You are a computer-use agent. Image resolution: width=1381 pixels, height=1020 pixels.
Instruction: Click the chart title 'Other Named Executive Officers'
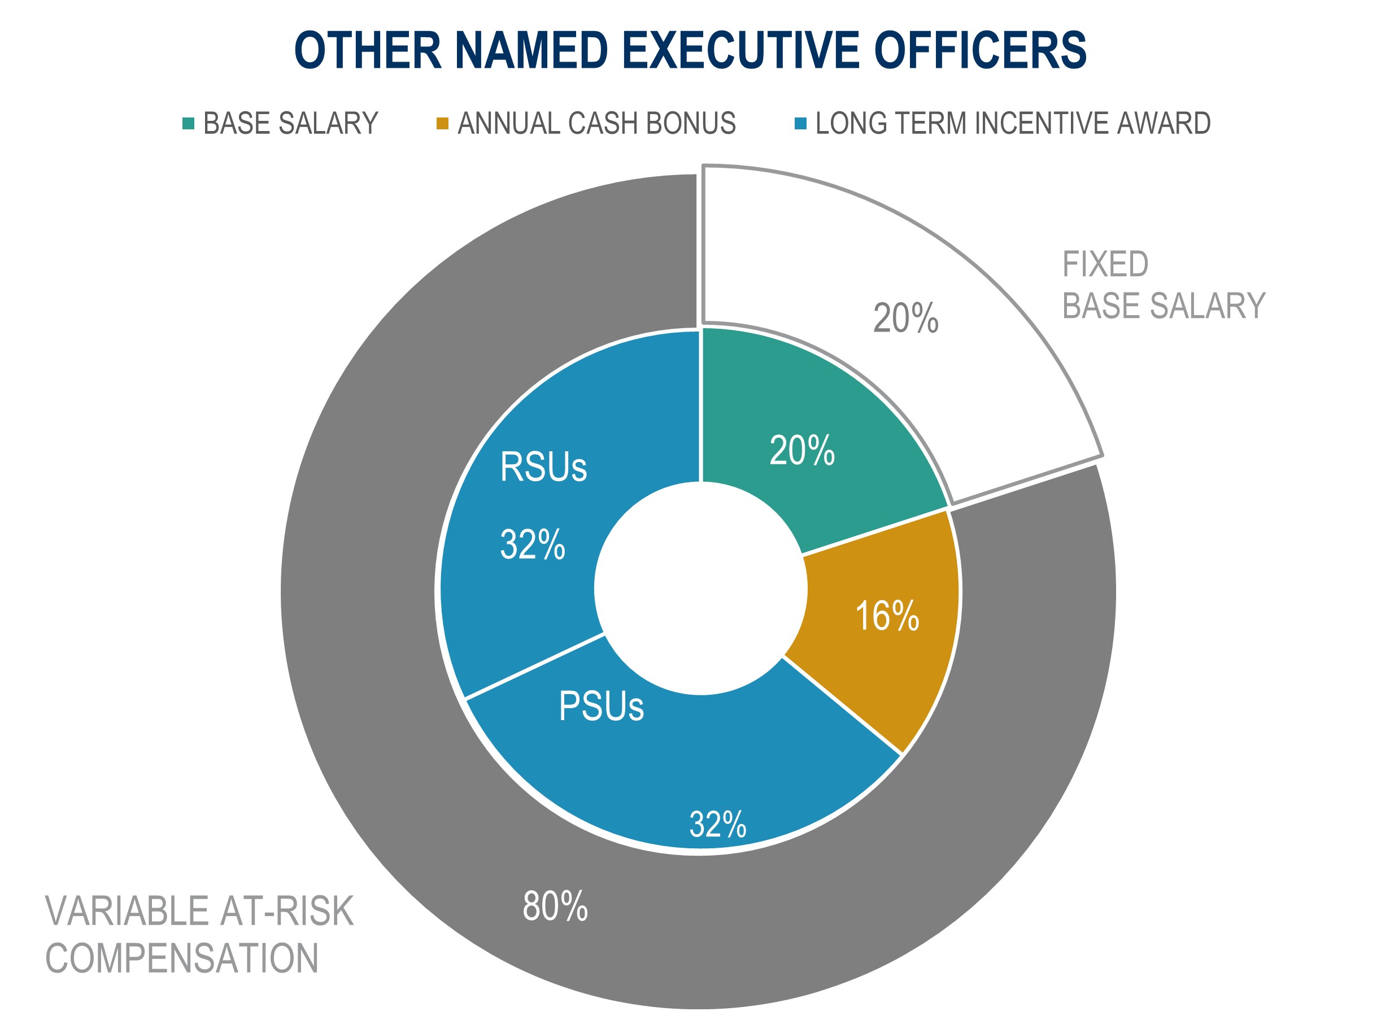(690, 50)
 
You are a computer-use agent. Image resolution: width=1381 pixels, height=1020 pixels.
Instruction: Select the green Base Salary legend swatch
(188, 124)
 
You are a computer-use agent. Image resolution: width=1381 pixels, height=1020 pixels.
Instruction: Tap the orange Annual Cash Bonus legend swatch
(442, 124)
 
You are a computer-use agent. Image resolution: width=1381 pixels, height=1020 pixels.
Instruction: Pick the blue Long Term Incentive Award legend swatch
(801, 124)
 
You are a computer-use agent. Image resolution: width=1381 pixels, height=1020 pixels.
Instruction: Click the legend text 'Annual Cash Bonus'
(596, 124)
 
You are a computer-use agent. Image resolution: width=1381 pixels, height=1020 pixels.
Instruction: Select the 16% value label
(887, 616)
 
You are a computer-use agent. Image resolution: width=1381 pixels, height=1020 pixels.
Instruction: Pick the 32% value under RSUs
(532, 544)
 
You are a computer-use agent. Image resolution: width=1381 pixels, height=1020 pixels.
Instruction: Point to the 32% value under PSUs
(717, 824)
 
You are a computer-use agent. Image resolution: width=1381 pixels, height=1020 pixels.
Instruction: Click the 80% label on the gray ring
(555, 906)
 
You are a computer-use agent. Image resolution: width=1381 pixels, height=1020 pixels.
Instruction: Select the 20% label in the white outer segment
(905, 319)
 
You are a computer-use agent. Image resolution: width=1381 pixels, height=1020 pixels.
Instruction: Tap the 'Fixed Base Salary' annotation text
(1163, 285)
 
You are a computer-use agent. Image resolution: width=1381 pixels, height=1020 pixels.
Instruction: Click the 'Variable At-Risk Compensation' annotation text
(199, 934)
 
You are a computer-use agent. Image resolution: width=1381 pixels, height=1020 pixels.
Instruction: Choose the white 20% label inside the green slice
(802, 450)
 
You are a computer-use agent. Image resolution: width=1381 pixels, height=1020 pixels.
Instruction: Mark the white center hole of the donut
(701, 589)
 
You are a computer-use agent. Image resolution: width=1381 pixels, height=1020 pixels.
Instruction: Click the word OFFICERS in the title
(980, 50)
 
